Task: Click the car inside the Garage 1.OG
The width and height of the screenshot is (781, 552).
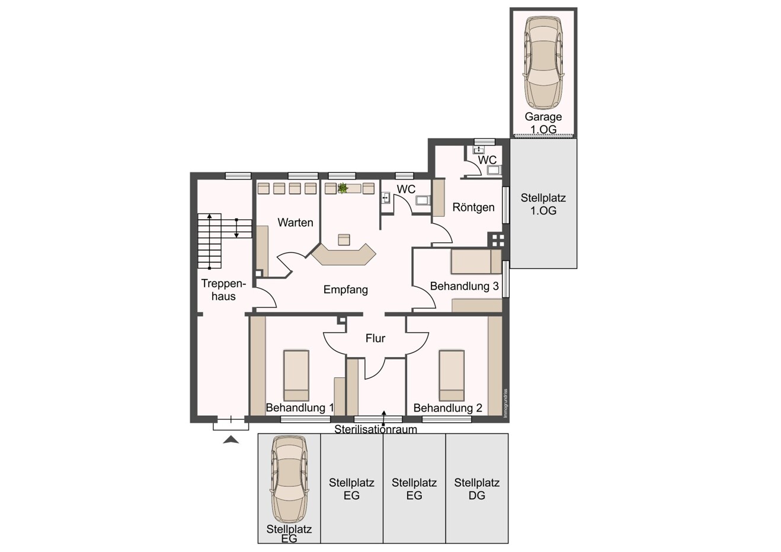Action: [x=543, y=62]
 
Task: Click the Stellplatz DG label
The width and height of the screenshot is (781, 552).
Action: [x=477, y=489]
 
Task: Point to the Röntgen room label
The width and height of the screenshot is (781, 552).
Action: [x=473, y=207]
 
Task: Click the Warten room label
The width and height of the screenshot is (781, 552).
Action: [x=295, y=223]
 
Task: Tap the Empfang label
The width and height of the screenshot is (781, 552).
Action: [x=345, y=290]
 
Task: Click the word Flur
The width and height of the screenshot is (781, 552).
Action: [x=375, y=338]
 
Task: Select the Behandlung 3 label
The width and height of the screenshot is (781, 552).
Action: [x=464, y=286]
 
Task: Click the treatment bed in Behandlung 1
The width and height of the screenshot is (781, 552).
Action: [x=296, y=376]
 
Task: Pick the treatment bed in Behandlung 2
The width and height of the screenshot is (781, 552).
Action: [x=451, y=376]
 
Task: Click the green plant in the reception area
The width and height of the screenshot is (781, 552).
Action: [x=343, y=188]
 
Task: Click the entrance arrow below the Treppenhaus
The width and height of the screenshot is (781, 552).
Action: [x=231, y=439]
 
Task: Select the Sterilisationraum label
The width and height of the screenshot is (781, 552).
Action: [x=376, y=429]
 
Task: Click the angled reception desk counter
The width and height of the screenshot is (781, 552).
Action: [x=344, y=256]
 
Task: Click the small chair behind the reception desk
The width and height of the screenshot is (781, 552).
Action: [x=344, y=239]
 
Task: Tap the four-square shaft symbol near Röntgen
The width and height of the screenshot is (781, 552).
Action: [x=497, y=239]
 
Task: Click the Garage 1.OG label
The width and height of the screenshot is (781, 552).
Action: [x=543, y=123]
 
